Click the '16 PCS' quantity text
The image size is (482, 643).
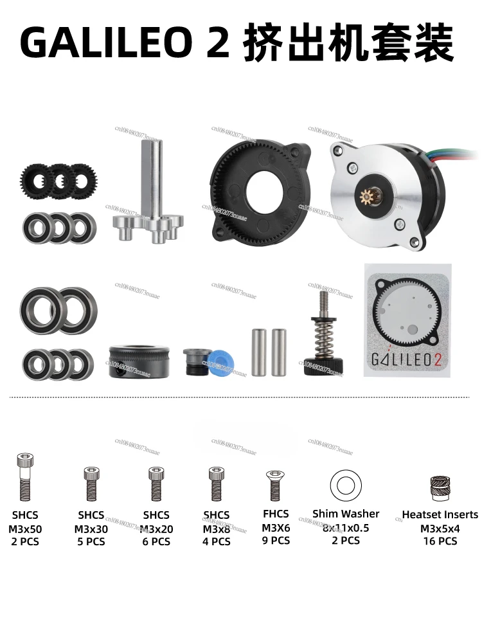(440, 541)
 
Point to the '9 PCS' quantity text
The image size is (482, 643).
(275, 540)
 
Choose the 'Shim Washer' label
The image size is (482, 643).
(346, 514)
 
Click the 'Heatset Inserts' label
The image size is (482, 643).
(440, 514)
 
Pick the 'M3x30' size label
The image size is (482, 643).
(91, 529)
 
